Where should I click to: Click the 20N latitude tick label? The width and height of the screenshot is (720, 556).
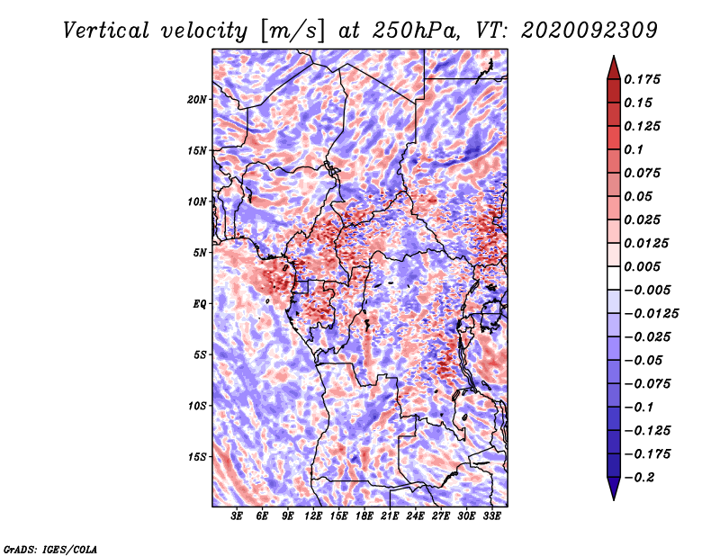click(197, 99)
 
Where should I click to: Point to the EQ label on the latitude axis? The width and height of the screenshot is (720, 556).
click(200, 303)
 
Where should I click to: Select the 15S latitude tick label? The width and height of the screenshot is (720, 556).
click(197, 456)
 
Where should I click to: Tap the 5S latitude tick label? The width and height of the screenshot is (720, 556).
click(200, 354)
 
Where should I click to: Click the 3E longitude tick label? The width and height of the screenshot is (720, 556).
click(238, 516)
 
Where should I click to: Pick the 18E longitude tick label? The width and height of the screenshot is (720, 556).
click(364, 516)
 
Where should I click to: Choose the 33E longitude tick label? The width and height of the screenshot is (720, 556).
click(492, 516)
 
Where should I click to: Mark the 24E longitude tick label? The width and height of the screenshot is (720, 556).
click(416, 516)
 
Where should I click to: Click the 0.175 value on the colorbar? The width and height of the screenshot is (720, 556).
click(644, 79)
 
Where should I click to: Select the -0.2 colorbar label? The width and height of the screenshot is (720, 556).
click(642, 477)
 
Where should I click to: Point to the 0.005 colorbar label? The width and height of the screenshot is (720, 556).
click(644, 266)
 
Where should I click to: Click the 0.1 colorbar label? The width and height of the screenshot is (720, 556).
click(638, 149)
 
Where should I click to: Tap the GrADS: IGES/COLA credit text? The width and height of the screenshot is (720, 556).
click(49, 548)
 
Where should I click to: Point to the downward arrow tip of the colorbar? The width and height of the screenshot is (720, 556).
click(613, 498)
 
